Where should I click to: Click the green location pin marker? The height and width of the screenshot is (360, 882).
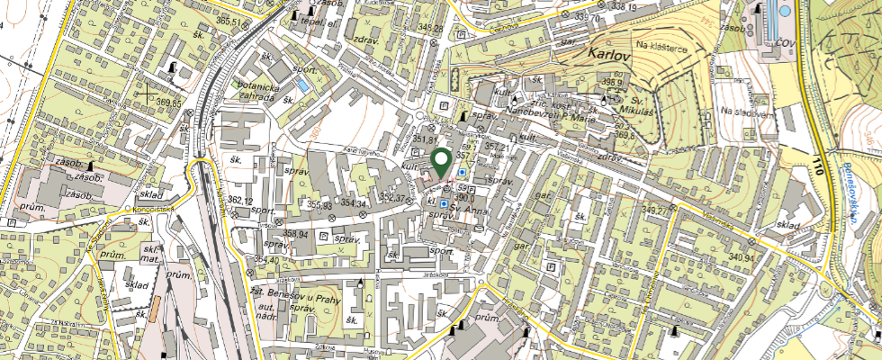point(441,163)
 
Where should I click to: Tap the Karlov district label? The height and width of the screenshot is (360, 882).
point(607,54)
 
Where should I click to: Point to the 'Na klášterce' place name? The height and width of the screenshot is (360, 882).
point(661,44)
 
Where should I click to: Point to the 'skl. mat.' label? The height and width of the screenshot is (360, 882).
point(150,255)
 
